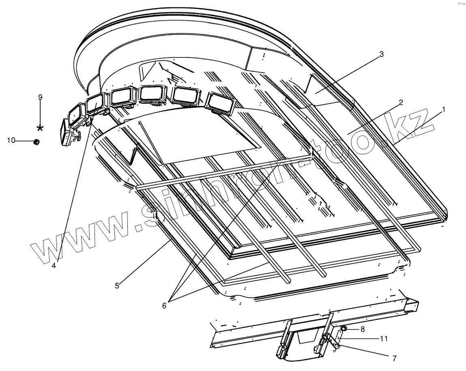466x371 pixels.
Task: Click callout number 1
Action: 444,109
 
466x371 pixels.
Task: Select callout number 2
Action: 400,102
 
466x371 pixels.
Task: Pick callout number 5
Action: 117,286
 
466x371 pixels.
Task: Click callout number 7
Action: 393,358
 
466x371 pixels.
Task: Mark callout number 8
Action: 362,329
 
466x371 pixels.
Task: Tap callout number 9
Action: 40,97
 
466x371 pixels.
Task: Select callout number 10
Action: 11,140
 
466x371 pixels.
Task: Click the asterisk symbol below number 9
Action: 40,128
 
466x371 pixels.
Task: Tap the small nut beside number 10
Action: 36,142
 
